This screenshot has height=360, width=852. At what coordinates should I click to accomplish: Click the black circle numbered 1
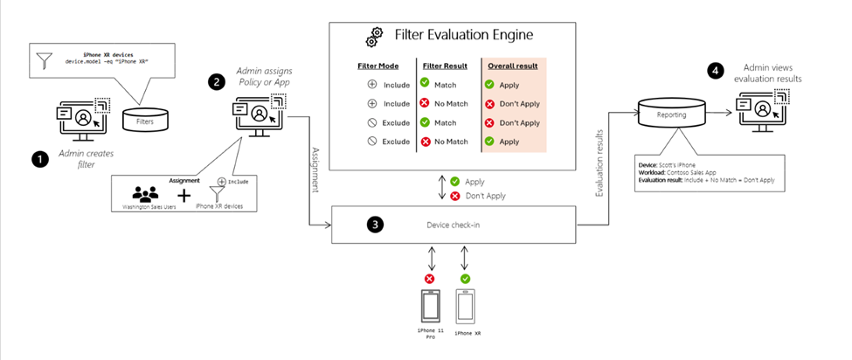click(x=38, y=159)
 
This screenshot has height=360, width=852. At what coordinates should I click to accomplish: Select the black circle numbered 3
click(x=374, y=225)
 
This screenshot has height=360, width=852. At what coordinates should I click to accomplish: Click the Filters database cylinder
click(x=145, y=121)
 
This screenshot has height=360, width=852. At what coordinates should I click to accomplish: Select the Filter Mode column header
click(x=380, y=66)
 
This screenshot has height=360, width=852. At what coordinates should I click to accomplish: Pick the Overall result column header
click(x=511, y=66)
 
